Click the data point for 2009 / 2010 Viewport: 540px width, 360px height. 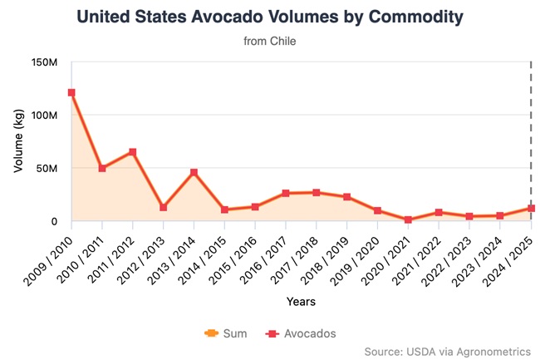click(x=71, y=93)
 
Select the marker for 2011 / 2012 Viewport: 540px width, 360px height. click(x=133, y=152)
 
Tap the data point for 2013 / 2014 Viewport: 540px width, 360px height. click(x=194, y=172)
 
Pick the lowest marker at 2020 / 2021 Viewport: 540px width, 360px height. click(x=408, y=220)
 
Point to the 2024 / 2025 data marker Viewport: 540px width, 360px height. click(x=531, y=209)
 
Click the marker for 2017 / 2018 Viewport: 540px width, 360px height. click(x=317, y=192)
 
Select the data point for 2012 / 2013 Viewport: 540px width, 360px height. click(x=164, y=207)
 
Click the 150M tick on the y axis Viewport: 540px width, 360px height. click(x=42, y=62)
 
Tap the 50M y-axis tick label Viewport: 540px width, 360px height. click(x=45, y=169)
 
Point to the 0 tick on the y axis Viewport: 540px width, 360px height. click(x=53, y=222)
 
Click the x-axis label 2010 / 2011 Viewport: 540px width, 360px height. click(x=84, y=257)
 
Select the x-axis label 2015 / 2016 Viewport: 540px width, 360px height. click(x=238, y=257)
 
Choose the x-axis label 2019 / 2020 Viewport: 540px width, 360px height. click(x=361, y=257)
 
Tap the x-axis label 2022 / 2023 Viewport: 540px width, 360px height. click(x=452, y=257)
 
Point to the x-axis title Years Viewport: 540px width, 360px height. click(x=301, y=301)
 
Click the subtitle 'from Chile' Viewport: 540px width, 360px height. click(x=270, y=40)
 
